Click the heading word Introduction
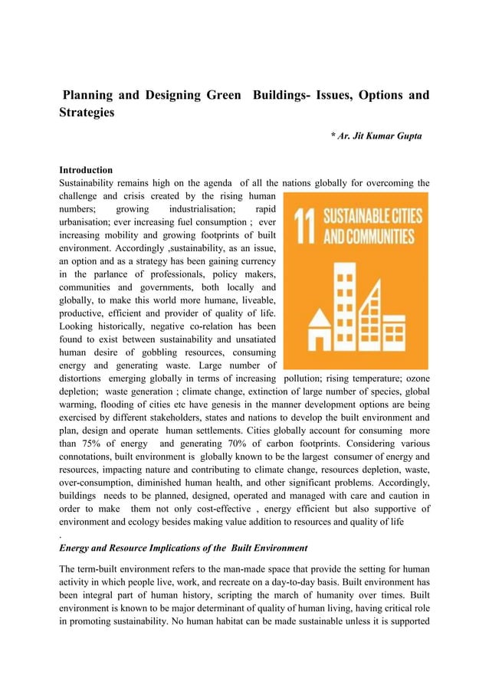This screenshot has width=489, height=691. (x=86, y=169)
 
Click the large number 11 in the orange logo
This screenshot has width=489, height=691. (x=304, y=224)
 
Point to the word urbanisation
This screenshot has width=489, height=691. (x=87, y=223)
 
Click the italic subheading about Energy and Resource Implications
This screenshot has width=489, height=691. (x=183, y=548)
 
